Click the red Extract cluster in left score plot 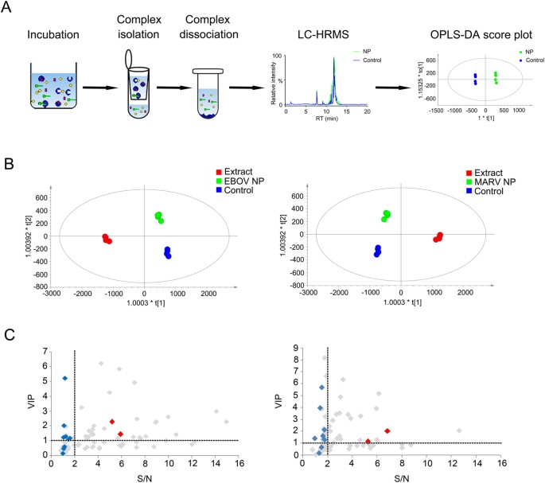click(x=107, y=238)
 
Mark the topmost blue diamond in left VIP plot click(x=64, y=378)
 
